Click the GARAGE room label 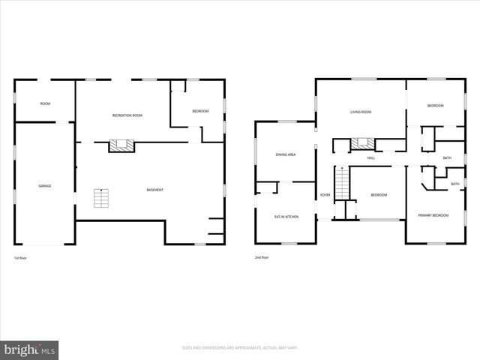pyautogui.click(x=45, y=186)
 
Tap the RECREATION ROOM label pyautogui.click(x=127, y=115)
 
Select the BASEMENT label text pyautogui.click(x=154, y=190)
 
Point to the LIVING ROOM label pyautogui.click(x=361, y=112)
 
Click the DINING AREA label pyautogui.click(x=286, y=154)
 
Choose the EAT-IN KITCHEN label pyautogui.click(x=286, y=217)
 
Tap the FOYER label pyautogui.click(x=325, y=195)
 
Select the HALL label pyautogui.click(x=370, y=158)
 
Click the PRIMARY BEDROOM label pyautogui.click(x=433, y=216)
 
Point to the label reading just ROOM pyautogui.click(x=44, y=104)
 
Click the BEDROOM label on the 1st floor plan pyautogui.click(x=200, y=112)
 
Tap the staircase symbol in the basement pyautogui.click(x=101, y=199)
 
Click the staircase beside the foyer pyautogui.click(x=342, y=184)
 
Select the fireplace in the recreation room pyautogui.click(x=120, y=145)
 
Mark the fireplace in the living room pyautogui.click(x=361, y=143)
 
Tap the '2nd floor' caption pyautogui.click(x=262, y=258)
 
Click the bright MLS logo pyautogui.click(x=30, y=349)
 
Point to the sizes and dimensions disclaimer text pyautogui.click(x=240, y=347)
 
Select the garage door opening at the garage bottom pyautogui.click(x=45, y=244)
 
